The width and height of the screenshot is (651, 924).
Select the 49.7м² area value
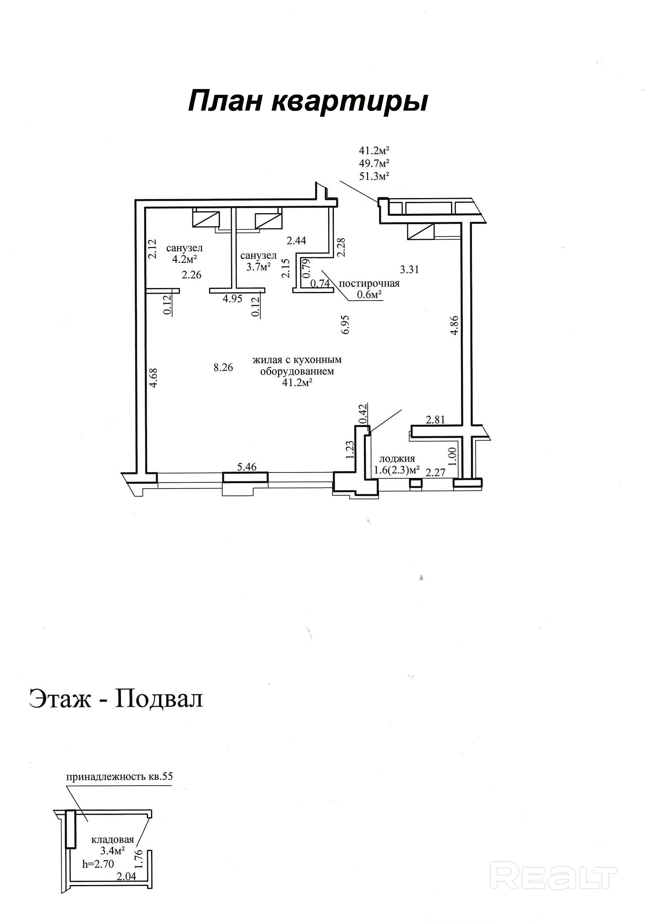(374, 164)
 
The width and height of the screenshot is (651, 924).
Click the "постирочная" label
(369, 283)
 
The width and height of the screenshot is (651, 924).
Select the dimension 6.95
(346, 324)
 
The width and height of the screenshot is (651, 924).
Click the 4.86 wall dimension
(455, 325)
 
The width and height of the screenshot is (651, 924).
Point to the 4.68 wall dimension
(153, 378)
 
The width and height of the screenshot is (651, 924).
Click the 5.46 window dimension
(247, 467)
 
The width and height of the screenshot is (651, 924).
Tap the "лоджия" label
(397, 458)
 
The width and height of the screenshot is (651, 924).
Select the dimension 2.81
(436, 420)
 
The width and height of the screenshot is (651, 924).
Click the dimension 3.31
(409, 269)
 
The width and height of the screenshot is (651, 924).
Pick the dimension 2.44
(296, 240)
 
